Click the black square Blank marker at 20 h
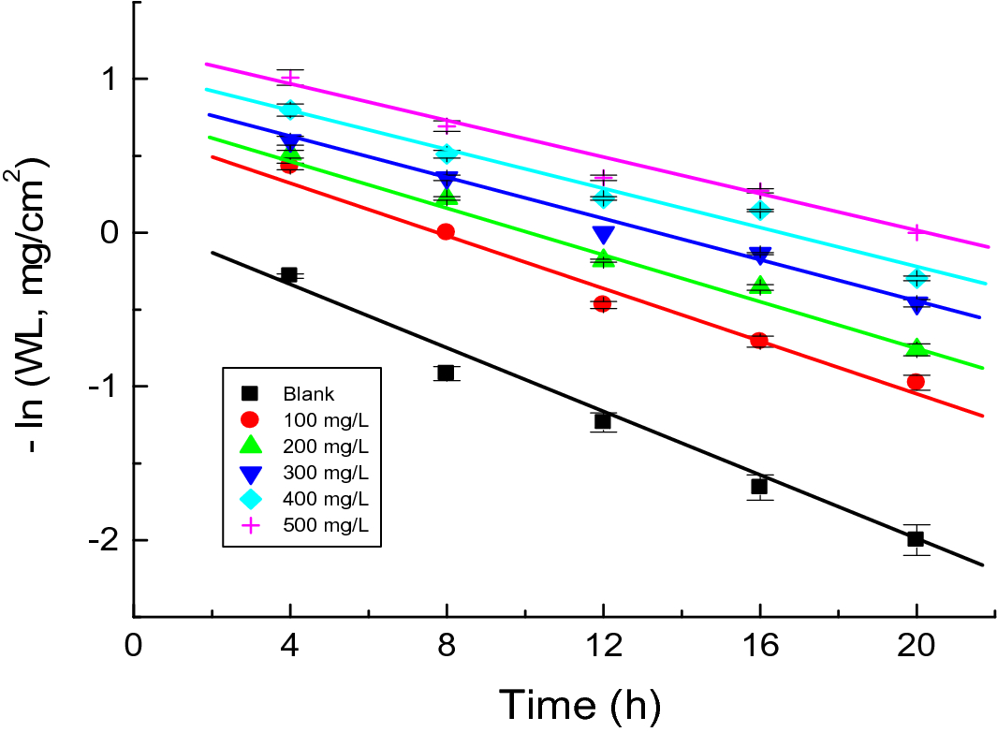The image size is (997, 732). [916, 538]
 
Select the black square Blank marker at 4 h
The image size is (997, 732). [289, 275]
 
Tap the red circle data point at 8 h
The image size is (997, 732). [446, 232]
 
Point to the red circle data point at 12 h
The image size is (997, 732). [603, 303]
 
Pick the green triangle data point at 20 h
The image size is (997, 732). [916, 347]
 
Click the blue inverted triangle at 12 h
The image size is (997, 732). [603, 234]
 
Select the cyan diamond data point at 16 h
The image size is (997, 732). [760, 210]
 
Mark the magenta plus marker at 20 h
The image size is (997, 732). [916, 231]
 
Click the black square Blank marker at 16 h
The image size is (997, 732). [759, 486]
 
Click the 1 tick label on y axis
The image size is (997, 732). [108, 79]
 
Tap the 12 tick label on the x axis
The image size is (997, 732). [603, 648]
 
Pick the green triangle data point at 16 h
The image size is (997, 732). [760, 285]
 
